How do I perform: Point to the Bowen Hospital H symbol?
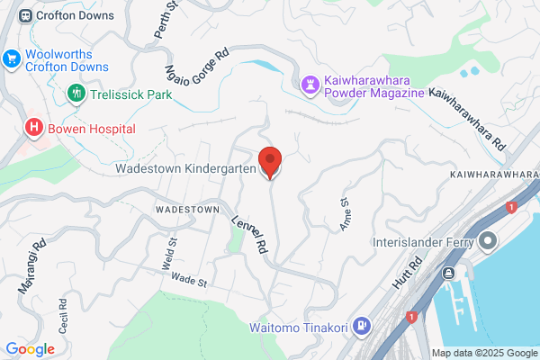point(34,128)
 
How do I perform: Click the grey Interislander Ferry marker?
point(489,241)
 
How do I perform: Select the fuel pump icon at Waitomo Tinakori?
point(361,325)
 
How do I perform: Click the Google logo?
point(30,348)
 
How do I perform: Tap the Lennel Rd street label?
point(250,232)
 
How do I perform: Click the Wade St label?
point(189,281)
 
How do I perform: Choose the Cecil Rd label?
point(63,316)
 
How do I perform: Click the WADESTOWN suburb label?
point(187,209)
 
